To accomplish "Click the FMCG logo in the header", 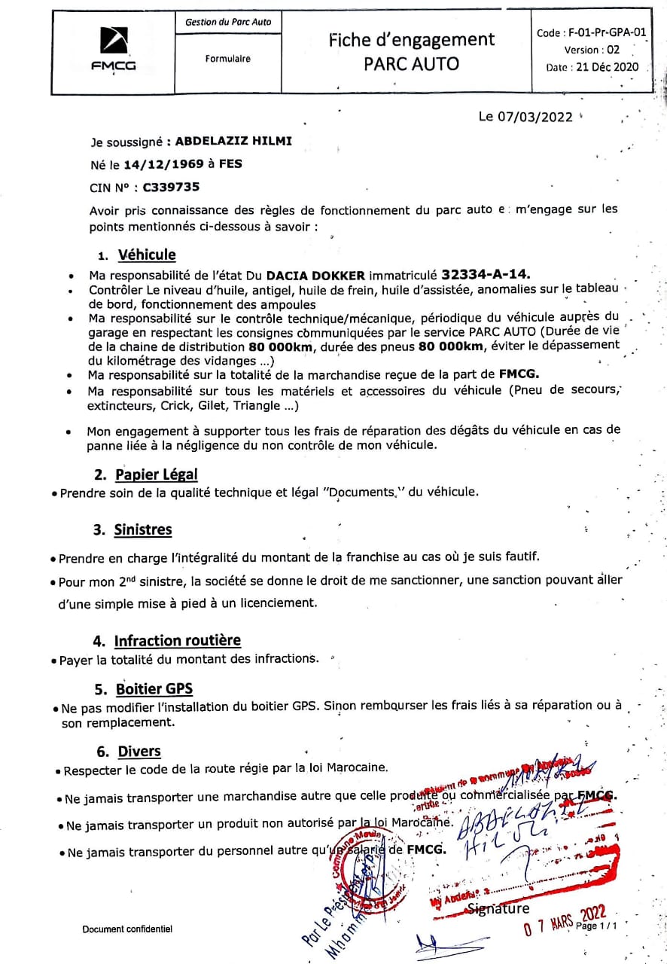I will [x=114, y=50].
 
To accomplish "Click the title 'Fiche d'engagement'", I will [x=411, y=40].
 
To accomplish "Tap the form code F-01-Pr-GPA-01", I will [x=592, y=33].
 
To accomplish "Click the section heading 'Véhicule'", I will [x=147, y=255].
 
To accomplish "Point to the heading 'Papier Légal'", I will [x=156, y=474].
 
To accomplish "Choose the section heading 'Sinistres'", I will [x=143, y=529].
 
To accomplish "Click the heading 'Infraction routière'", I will [x=177, y=640].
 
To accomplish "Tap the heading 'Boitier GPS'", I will [x=155, y=688].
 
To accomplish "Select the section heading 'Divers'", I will [x=139, y=751].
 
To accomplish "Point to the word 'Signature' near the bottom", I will [x=498, y=908].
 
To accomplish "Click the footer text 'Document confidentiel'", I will [x=127, y=929].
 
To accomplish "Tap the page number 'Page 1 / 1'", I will [x=596, y=926].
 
